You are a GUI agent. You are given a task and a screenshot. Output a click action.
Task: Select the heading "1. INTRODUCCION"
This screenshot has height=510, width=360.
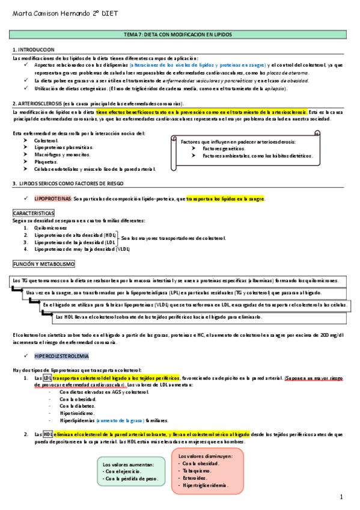[x=34, y=49]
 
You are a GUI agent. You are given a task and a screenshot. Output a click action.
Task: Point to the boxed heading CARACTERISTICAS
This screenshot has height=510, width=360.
[x=34, y=213]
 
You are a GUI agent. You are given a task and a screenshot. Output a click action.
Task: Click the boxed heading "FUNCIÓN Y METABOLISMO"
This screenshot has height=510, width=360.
[x=44, y=264]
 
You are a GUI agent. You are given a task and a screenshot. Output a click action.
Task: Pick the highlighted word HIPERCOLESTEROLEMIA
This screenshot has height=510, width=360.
[x=62, y=355]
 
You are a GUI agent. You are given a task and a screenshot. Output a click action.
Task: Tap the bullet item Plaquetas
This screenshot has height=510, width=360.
[x=46, y=162]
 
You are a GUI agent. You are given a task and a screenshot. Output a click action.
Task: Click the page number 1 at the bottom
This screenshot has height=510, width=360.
[x=341, y=497]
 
